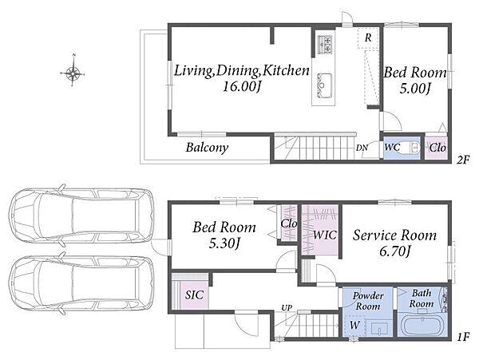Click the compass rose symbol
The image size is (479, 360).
pos(73,73)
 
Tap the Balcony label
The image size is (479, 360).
pos(207,148)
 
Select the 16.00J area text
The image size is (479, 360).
pos(241,87)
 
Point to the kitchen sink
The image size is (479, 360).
pos(324,85)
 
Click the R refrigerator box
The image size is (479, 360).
pos(368,38)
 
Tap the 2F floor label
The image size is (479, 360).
pos(463,160)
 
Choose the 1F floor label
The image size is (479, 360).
pos(463,337)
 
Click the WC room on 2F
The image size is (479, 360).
pos(402,148)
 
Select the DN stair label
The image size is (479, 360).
pos(362,148)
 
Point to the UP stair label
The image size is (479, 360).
pos(287,308)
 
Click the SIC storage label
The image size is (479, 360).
pos(194,295)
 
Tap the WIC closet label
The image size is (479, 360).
pos(324,235)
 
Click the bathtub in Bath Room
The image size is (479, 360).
pos(422,326)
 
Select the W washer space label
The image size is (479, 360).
pos(354,325)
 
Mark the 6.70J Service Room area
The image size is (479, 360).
pos(394,251)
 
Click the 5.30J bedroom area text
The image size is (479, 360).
pos(224,243)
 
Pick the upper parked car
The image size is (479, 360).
pos(81,216)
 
